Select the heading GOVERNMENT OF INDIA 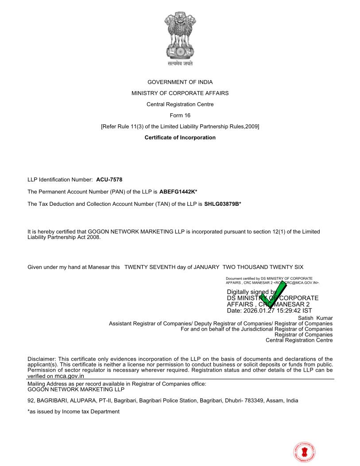point(180,82)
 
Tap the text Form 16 point(180,116)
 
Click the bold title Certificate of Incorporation point(180,138)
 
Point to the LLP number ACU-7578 point(109,180)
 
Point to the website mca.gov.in point(69,376)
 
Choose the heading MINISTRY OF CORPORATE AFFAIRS point(180,93)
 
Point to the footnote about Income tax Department point(74,412)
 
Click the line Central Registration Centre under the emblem point(180,104)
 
